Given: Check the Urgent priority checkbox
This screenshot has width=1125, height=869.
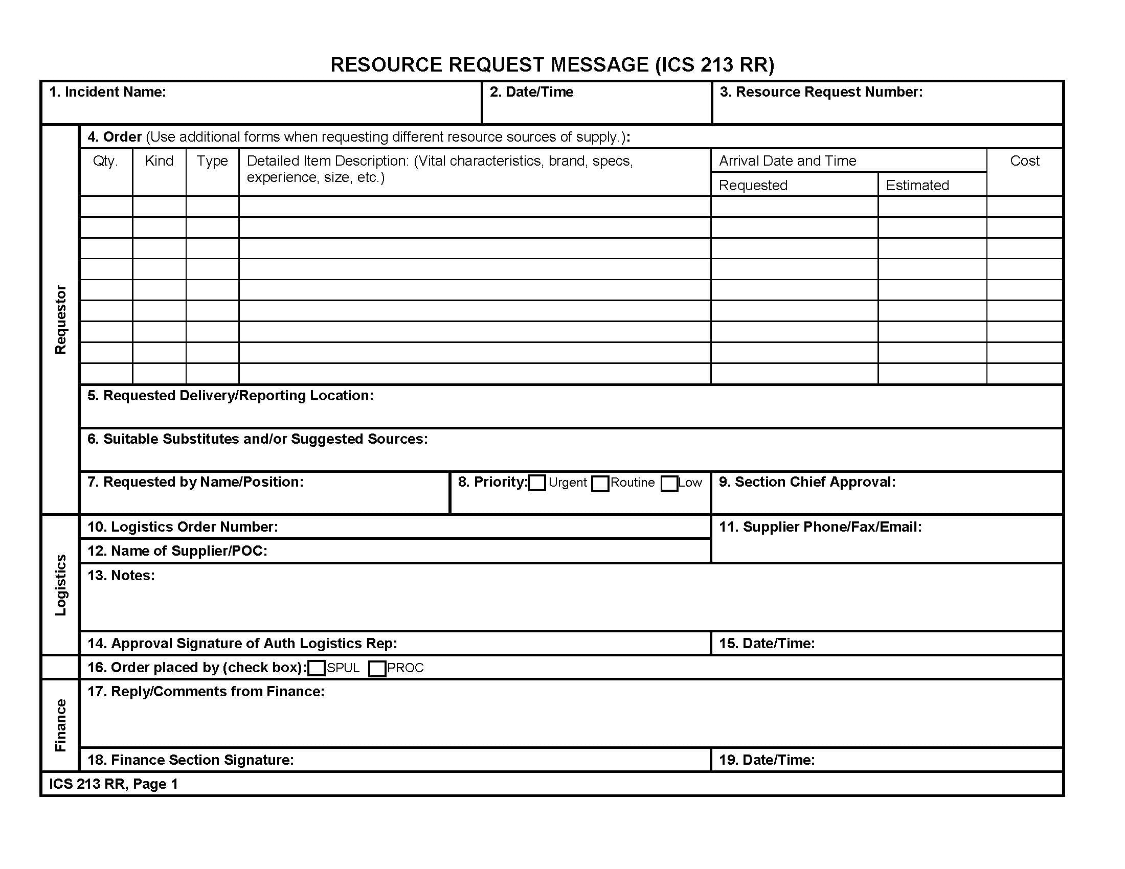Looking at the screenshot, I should coord(537,483).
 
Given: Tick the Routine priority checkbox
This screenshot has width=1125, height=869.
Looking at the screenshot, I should coord(600,484).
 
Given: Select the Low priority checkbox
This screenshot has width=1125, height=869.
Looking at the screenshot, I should coord(669,484).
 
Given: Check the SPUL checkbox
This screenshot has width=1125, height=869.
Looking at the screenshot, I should coord(316,668).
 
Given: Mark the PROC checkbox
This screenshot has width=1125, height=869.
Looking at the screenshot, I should coord(377,669).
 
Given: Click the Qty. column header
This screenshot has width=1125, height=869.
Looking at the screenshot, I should coord(106,161).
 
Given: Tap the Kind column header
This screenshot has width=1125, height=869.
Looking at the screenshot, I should coord(159,161).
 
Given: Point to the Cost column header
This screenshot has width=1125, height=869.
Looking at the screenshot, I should coord(1025,161).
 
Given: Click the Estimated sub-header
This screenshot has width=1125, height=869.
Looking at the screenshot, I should coord(917,186).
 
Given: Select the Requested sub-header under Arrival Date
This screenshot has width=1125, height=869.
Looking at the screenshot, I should coord(753,186).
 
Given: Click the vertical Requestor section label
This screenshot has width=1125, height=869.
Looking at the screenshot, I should coord(61,319).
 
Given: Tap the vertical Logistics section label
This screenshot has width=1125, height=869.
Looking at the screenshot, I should coord(61,585).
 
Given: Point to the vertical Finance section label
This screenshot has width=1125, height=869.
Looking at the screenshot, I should coord(61,725).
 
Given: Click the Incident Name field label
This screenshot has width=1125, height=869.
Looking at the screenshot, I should coord(108,92).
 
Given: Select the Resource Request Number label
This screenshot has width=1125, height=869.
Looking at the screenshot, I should coord(821,92).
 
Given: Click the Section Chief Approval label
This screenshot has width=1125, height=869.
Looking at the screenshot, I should coord(807,482).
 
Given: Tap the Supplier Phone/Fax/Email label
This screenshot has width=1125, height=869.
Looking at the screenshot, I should coord(820,527).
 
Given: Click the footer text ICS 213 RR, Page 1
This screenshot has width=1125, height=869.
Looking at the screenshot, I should coord(114,784).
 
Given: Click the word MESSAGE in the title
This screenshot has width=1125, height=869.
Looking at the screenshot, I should coord(600,65).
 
